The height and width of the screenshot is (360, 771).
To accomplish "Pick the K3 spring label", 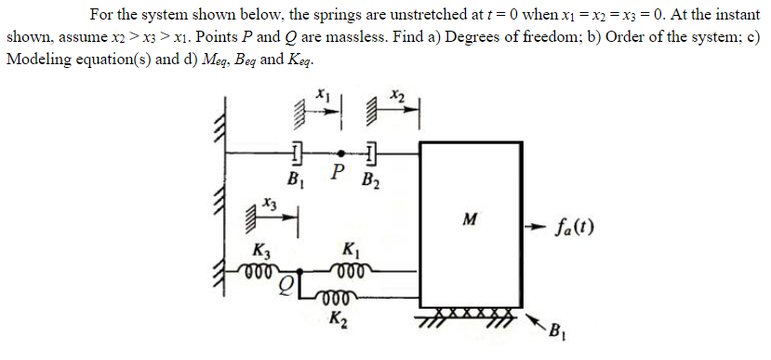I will click(x=263, y=249).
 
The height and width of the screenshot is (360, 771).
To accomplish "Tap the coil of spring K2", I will click(x=336, y=300).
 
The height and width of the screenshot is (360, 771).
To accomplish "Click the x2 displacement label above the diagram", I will click(x=398, y=94).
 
